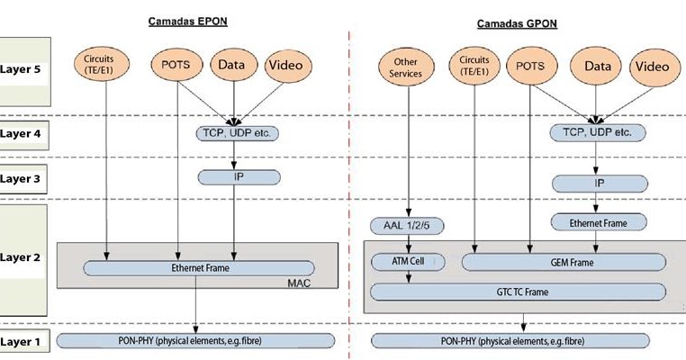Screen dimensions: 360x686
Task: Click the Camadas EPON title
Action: coord(187,22)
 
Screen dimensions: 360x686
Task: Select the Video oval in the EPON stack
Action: coord(288,66)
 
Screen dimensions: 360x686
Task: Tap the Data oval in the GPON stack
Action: coord(599,66)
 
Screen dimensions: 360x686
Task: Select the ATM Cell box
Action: coord(408,262)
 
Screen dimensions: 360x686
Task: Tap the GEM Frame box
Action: coord(564,262)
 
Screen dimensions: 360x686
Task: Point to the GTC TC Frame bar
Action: coord(519,292)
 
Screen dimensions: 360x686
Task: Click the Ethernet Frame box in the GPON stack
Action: coord(599,221)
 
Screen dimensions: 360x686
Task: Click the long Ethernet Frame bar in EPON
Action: coord(199,268)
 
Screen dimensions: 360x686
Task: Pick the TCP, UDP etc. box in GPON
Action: coord(598,133)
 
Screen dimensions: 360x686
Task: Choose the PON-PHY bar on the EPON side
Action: coord(195,341)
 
